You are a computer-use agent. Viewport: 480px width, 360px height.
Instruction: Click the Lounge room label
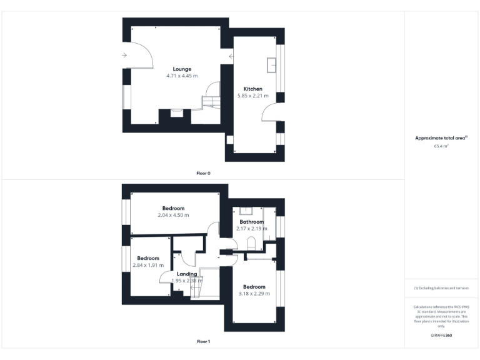point(182,69)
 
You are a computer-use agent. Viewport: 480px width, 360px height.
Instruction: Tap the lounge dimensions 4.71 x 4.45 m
point(182,76)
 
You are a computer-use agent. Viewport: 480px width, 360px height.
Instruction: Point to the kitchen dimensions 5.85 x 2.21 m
point(252,96)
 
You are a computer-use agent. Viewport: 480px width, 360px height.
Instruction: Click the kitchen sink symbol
point(272,65)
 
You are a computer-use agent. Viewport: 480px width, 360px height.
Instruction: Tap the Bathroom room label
point(251,222)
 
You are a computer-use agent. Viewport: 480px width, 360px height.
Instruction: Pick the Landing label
point(187,274)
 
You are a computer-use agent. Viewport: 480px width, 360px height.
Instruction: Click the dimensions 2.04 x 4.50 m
point(173,215)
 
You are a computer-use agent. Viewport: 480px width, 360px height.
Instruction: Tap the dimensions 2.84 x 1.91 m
point(148,265)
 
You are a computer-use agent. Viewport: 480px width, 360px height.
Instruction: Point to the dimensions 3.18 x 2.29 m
point(254,294)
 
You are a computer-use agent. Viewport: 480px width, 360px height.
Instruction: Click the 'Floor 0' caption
point(203,173)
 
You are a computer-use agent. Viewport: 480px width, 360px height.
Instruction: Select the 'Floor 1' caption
point(203,342)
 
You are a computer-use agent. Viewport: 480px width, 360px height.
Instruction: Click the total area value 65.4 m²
point(442,146)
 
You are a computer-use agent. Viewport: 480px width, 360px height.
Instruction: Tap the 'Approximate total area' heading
point(441,138)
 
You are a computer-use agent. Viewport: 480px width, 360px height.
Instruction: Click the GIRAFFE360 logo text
point(441,336)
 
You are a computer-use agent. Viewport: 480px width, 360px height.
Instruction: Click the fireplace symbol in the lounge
point(177,113)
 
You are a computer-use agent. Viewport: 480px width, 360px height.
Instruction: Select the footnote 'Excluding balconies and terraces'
point(441,287)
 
